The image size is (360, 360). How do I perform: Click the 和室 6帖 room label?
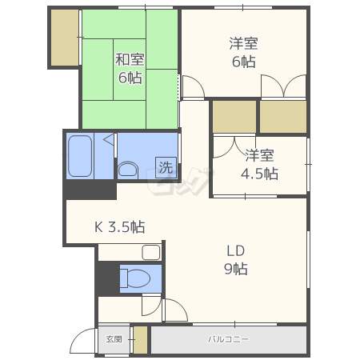[x=130, y=68]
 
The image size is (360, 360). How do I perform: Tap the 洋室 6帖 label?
[x=243, y=53]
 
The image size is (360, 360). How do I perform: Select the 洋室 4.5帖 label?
[x=259, y=164]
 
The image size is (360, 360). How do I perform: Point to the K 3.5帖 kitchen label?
[x=120, y=227]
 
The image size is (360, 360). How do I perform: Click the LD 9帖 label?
[x=236, y=260]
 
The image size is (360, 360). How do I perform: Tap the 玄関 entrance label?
[x=114, y=339]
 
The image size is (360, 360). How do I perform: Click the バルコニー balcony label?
[x=228, y=339]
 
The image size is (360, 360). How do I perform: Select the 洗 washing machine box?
[x=166, y=167]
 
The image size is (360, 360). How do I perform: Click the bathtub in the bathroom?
[x=80, y=156]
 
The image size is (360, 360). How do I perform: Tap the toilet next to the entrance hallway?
[x=134, y=278]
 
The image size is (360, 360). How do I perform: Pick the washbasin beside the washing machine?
[x=128, y=169]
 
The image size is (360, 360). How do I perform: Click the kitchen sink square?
[x=151, y=252]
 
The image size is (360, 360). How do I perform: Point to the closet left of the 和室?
[x=65, y=38]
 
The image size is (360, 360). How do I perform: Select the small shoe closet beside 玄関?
[x=140, y=340]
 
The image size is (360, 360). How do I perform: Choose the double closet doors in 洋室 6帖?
[x=283, y=86]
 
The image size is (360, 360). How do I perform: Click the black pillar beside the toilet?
[x=107, y=278]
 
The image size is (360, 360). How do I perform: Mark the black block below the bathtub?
[x=90, y=190]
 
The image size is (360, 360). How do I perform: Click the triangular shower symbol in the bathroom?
[x=109, y=139]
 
